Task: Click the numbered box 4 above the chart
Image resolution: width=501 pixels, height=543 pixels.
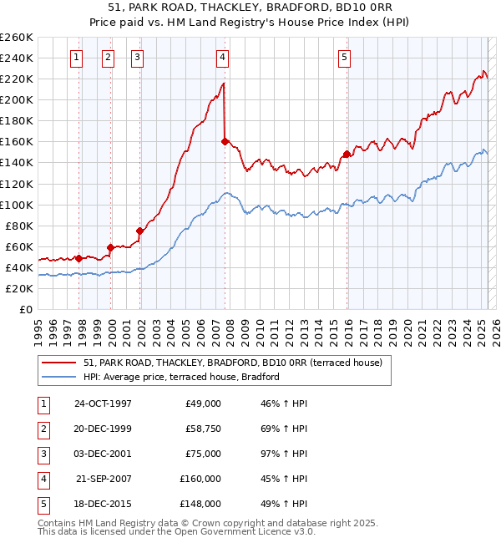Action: point(223,58)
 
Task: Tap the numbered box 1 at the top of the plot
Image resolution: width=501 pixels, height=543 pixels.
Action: point(76,58)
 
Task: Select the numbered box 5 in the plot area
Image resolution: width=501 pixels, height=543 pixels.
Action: point(344,58)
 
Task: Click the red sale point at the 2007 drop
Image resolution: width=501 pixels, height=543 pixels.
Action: point(225,141)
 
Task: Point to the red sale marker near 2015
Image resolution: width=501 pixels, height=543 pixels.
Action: point(346,154)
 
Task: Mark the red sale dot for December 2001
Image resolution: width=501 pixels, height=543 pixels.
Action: point(139,231)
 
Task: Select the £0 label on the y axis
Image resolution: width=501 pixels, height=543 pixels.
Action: point(26,309)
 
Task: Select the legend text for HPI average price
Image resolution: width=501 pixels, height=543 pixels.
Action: point(181,377)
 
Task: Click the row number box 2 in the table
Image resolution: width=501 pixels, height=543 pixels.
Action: point(42,429)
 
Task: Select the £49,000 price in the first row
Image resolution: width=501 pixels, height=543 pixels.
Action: point(203,403)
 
